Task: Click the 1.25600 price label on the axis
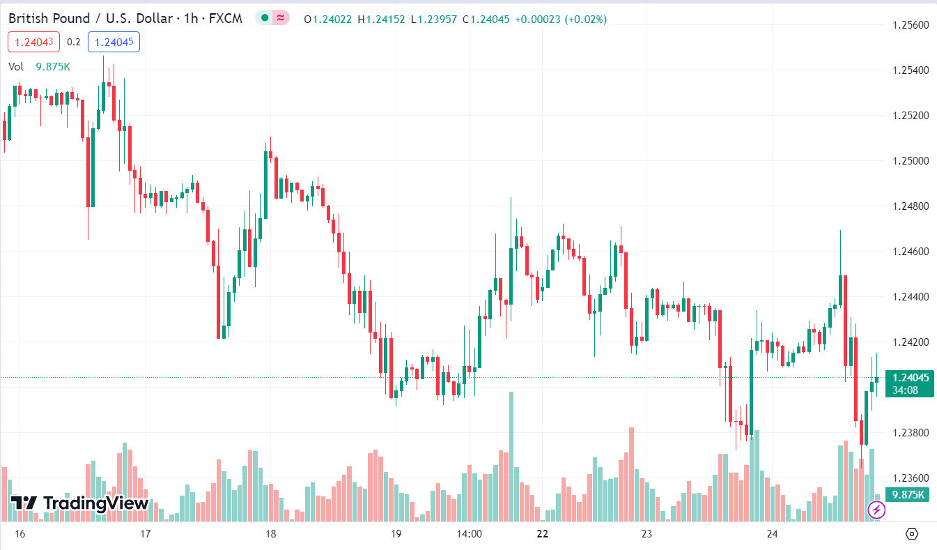click(911, 25)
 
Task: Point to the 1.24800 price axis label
click(911, 206)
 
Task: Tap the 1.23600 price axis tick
click(911, 478)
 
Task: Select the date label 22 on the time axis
click(543, 534)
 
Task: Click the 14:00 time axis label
click(469, 534)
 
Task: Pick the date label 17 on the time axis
click(146, 534)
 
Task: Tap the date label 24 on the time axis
click(772, 534)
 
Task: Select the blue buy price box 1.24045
click(114, 42)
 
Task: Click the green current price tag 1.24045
click(909, 378)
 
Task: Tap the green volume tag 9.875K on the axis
click(909, 495)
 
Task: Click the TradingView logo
click(79, 503)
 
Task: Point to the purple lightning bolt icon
click(876, 510)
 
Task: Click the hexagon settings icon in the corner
click(911, 534)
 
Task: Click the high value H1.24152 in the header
click(381, 19)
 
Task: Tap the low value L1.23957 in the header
click(434, 19)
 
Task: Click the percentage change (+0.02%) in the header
click(583, 19)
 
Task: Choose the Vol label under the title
click(16, 66)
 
